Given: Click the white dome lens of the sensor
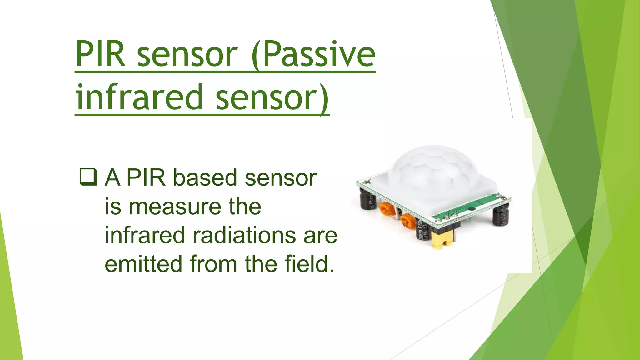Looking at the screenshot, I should (434, 169).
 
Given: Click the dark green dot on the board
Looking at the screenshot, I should (471, 208).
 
